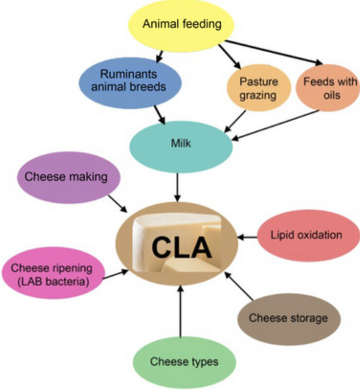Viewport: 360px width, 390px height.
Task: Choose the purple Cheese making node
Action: click(66, 177)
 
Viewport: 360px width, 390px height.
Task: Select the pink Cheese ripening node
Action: click(52, 274)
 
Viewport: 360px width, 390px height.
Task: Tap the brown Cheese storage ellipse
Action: click(288, 318)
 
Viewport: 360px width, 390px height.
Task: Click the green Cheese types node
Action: click(184, 361)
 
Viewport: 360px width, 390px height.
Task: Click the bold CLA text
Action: click(181, 248)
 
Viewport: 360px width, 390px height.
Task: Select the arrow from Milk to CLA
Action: click(178, 187)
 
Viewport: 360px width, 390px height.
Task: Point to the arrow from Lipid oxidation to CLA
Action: click(247, 236)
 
